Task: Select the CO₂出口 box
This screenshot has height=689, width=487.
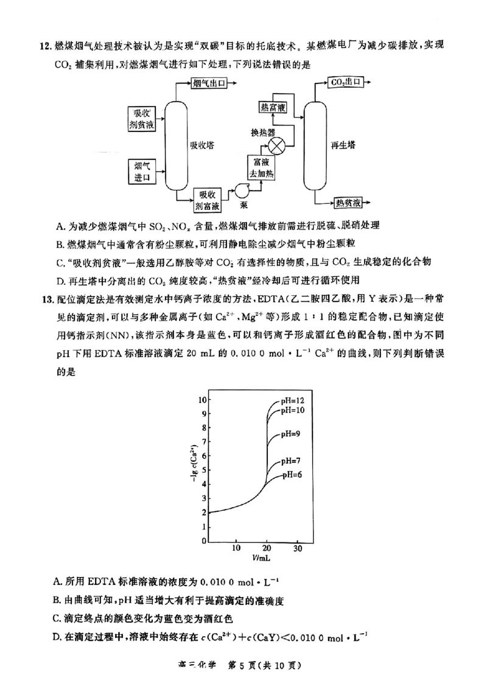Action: [345, 82]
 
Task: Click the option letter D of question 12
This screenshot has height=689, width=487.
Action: [60, 281]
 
